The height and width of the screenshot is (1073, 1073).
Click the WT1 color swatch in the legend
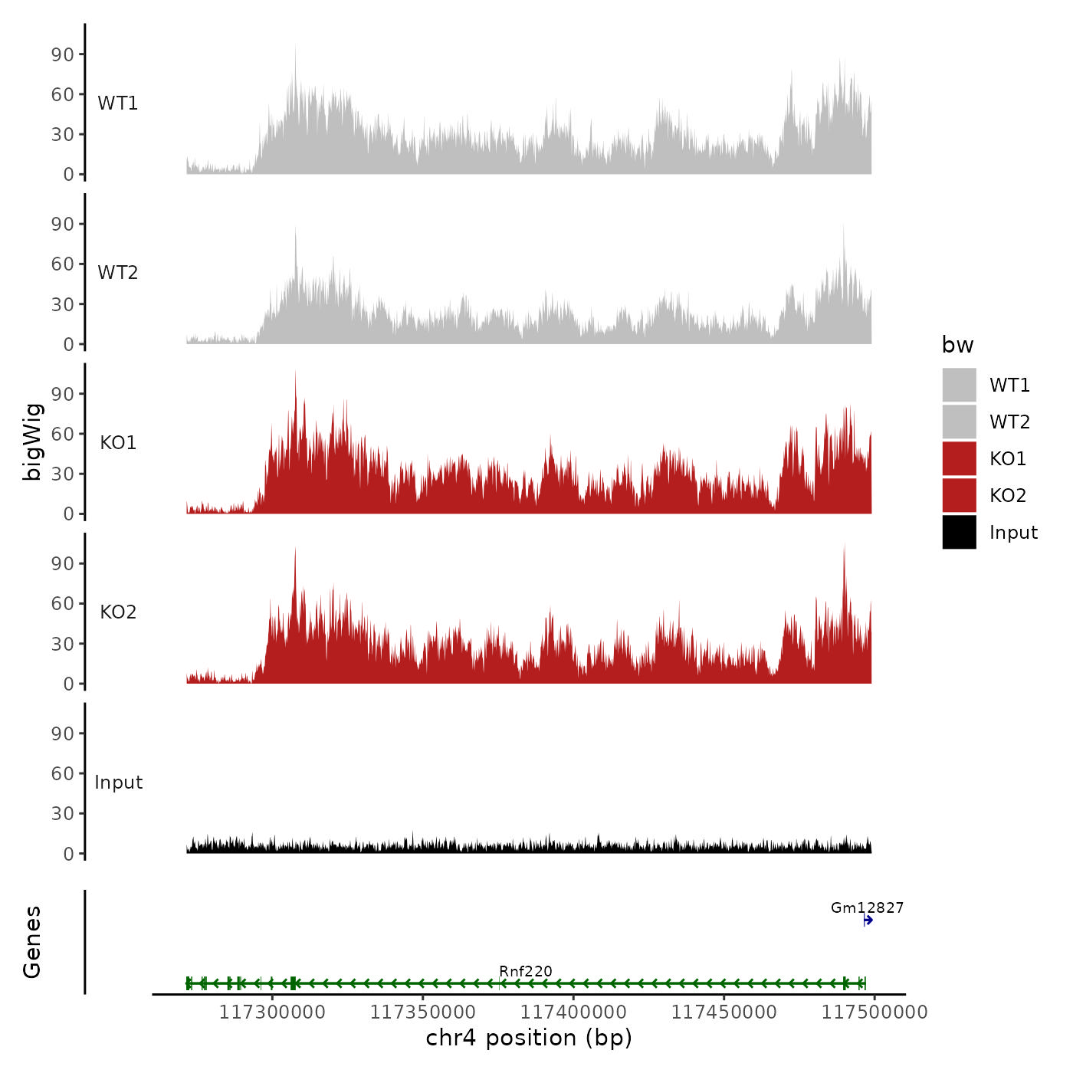click(959, 385)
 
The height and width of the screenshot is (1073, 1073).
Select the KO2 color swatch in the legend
click(959, 495)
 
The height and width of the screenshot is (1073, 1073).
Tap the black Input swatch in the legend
click(959, 532)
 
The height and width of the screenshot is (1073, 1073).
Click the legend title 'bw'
click(957, 345)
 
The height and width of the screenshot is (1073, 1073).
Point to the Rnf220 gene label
click(525, 971)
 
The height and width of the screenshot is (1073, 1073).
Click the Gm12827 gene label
click(867, 907)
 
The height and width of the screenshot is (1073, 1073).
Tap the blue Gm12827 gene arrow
click(868, 920)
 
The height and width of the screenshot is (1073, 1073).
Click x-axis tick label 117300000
click(272, 1012)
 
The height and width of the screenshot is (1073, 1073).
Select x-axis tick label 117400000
click(573, 1012)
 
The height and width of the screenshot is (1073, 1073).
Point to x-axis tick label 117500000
click(874, 1012)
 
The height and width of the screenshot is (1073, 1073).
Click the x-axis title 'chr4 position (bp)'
click(529, 1038)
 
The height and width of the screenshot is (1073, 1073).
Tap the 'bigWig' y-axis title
click(32, 441)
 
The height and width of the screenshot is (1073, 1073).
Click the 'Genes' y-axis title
click(32, 942)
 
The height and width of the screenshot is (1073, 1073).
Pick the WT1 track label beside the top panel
click(118, 103)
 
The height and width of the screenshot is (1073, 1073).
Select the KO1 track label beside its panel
click(118, 442)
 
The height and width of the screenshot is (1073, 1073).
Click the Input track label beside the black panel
click(118, 783)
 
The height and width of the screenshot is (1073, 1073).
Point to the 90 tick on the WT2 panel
click(62, 224)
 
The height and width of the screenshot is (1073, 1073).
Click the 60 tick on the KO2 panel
click(62, 604)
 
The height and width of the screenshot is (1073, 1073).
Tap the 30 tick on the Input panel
click(62, 813)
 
